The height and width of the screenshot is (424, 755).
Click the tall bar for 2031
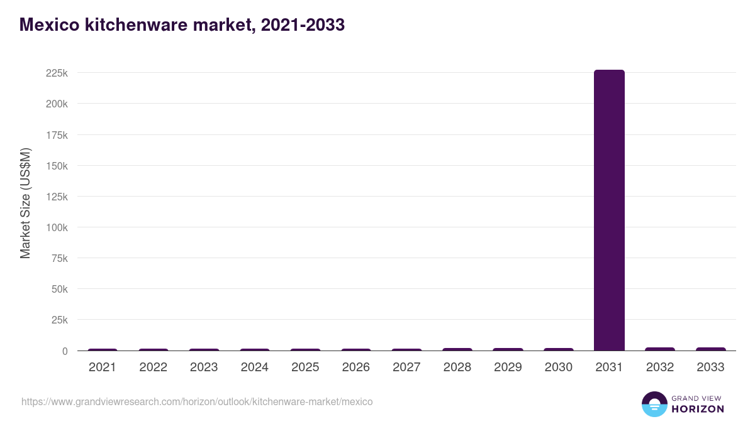[x=609, y=210]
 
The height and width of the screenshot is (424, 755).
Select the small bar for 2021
[x=103, y=349]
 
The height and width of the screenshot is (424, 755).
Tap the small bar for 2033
[x=710, y=349]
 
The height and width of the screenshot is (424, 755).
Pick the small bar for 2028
[x=457, y=349]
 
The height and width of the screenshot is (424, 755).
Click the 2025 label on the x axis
[x=305, y=367]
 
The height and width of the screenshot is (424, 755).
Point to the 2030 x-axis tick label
[x=558, y=367]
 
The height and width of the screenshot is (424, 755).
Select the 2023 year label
[x=204, y=367]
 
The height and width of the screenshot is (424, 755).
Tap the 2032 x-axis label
[x=659, y=367]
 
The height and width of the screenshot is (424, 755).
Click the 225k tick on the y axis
[x=57, y=73]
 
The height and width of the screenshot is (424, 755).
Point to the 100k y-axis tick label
[x=57, y=227]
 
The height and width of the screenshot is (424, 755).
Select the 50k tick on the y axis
[x=59, y=289]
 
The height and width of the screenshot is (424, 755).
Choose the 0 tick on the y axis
[x=64, y=351]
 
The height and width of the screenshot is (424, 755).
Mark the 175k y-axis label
[x=57, y=134]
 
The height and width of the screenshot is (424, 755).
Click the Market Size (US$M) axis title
[x=25, y=203]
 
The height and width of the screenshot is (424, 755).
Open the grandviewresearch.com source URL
[x=197, y=401]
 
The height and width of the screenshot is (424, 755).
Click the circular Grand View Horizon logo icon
[x=654, y=404]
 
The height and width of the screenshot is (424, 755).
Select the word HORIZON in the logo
[x=698, y=409]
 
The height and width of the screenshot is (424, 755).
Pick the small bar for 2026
[x=356, y=349]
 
